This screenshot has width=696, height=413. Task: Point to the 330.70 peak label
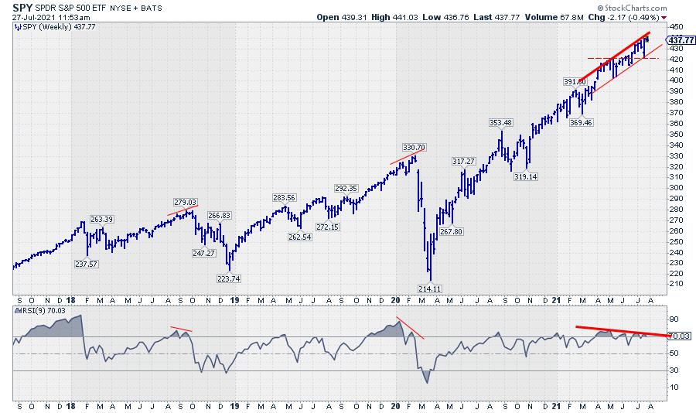tap(414, 146)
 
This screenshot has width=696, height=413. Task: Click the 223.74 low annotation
tap(229, 278)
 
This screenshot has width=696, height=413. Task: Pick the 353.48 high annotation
tap(501, 122)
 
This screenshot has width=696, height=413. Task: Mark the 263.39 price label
tap(102, 219)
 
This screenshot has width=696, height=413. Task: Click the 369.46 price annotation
tap(579, 121)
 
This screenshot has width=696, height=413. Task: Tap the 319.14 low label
tap(526, 176)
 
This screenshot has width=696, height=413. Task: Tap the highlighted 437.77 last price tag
tap(677, 40)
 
